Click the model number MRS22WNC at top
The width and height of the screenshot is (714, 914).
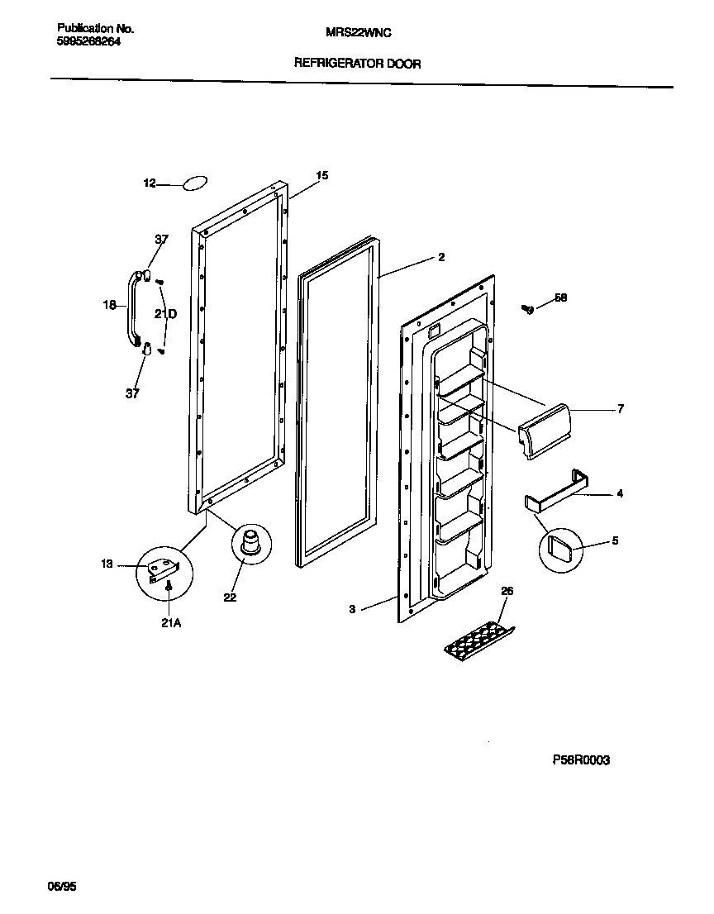[357, 32]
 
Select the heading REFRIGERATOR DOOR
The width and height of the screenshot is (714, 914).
[357, 64]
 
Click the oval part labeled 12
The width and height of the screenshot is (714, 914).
[194, 183]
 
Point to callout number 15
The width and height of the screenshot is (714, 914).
[322, 175]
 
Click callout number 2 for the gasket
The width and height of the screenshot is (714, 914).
[441, 258]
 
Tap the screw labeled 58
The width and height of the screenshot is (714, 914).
[526, 309]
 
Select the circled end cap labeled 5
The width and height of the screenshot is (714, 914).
[557, 545]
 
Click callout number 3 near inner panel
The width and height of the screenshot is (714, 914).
[352, 609]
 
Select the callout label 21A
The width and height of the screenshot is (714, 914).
[170, 624]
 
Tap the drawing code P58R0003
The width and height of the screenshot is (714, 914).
[581, 760]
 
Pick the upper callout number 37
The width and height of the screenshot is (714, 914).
[161, 240]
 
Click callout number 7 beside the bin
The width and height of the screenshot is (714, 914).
[620, 408]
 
